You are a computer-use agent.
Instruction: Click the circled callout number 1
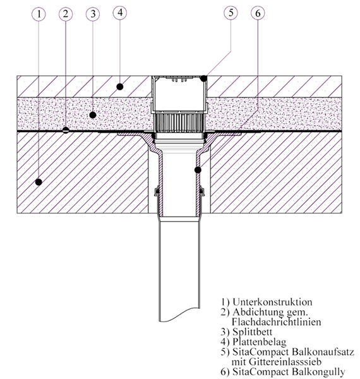[39, 15]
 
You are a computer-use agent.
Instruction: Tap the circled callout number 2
[66, 15]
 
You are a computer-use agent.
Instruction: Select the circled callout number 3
[93, 14]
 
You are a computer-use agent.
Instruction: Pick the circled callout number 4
[120, 13]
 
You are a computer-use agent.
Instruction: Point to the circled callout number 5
[231, 13]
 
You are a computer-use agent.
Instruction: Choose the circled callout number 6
[258, 13]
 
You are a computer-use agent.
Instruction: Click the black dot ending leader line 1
[39, 182]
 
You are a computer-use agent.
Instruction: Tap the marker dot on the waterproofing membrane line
[66, 130]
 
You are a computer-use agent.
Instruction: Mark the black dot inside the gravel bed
[93, 115]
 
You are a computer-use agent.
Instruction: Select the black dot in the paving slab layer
[120, 87]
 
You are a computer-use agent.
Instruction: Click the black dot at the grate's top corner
[204, 78]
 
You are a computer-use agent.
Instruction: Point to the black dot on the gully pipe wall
[198, 170]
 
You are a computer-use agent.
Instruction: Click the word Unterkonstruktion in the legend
[272, 302]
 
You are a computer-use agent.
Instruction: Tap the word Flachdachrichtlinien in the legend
[277, 322]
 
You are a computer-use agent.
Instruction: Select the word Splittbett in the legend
[252, 332]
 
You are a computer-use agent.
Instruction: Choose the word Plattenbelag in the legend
[259, 342]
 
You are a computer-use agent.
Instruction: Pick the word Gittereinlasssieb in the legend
[285, 362]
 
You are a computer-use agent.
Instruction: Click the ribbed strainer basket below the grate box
[179, 123]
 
